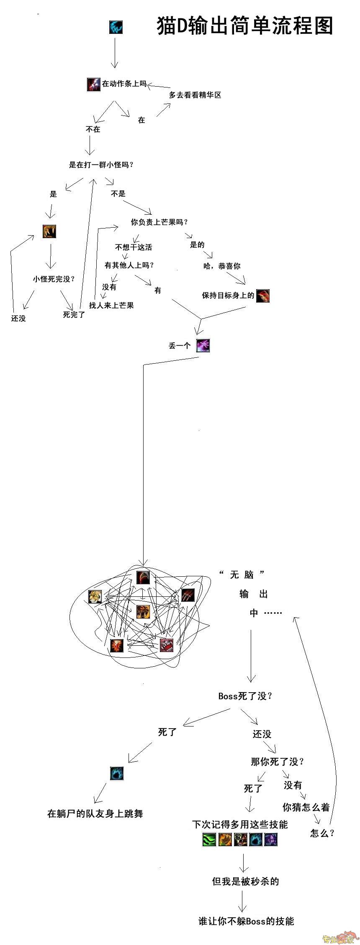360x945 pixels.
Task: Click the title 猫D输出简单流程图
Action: [x=245, y=26]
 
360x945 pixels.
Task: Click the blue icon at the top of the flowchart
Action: [x=116, y=27]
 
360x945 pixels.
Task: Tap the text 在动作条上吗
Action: [x=124, y=84]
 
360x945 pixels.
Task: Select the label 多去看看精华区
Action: [x=195, y=95]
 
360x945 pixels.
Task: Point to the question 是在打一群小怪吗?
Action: [x=101, y=165]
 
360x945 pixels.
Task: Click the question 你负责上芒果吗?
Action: [x=159, y=222]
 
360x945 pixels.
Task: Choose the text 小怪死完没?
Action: [x=54, y=279]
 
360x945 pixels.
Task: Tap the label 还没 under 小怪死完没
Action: [x=18, y=318]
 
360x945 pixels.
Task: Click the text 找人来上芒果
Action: [x=111, y=306]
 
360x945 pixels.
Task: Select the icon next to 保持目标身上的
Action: [x=263, y=296]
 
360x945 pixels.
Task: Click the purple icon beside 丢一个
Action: [x=203, y=346]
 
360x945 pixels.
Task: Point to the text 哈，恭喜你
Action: [x=222, y=266]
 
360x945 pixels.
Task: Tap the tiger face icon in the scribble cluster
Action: [x=95, y=597]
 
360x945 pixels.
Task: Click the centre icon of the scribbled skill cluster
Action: [x=143, y=612]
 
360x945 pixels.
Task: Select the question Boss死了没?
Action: [x=246, y=696]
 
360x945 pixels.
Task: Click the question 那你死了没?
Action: [x=278, y=762]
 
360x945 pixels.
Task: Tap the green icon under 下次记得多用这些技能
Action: [x=209, y=840]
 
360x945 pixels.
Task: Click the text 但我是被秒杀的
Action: [x=246, y=881]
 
